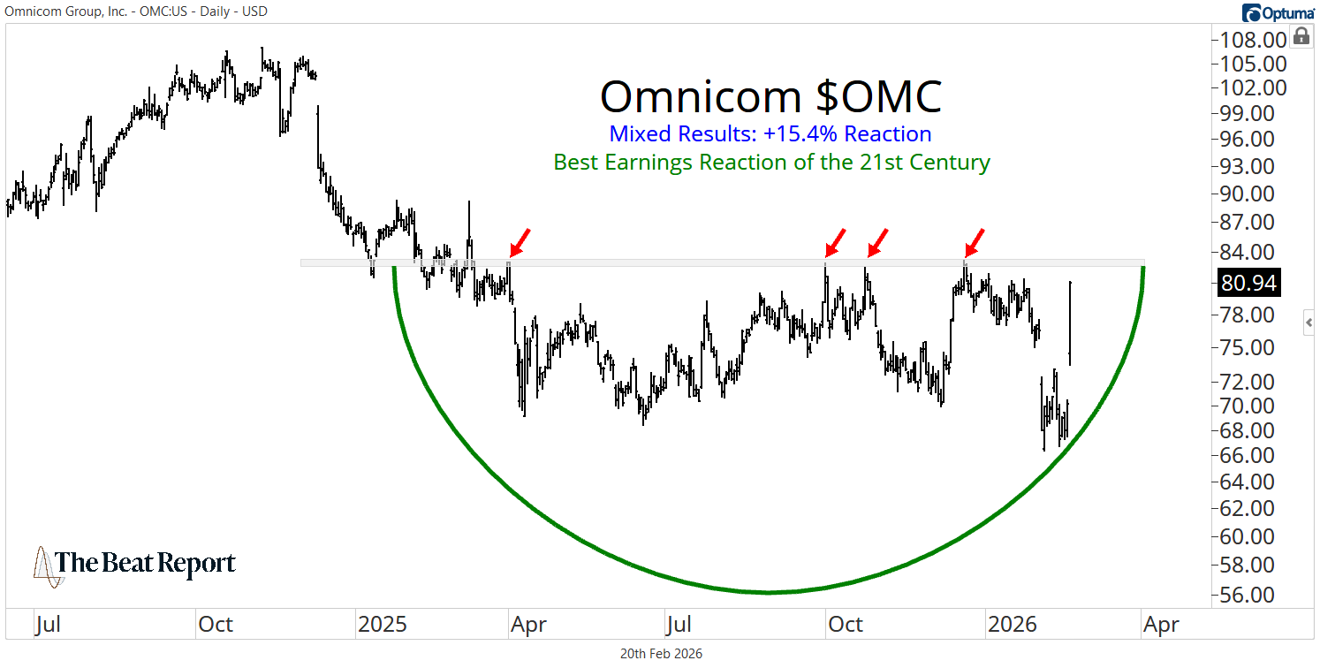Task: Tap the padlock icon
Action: point(1301,36)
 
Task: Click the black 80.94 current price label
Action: point(1248,283)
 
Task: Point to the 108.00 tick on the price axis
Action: point(1248,41)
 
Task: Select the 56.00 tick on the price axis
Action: point(1248,595)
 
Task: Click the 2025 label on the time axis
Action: point(382,625)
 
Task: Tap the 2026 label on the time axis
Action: point(1012,625)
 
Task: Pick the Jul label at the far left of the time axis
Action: point(48,625)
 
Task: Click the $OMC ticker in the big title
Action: point(878,96)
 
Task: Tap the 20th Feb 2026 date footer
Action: point(661,654)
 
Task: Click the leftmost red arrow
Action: point(520,241)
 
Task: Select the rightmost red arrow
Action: point(976,241)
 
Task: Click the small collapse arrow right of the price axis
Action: point(1309,324)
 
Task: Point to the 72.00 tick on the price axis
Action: point(1248,382)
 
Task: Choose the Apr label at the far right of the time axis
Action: point(1161,625)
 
